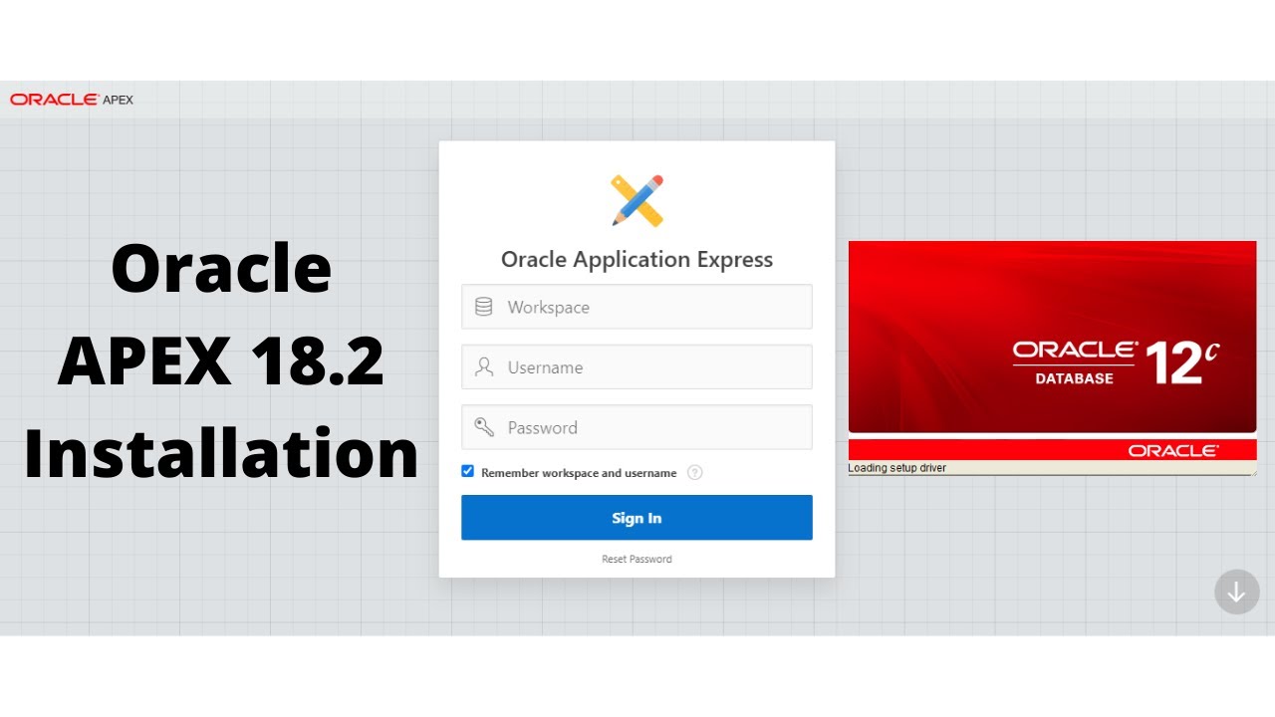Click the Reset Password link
coord(637,559)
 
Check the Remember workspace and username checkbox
coord(467,472)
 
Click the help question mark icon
coord(695,473)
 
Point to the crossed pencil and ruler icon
coord(637,199)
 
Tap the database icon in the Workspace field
coord(484,307)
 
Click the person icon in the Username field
coord(484,367)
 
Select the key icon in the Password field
coord(484,427)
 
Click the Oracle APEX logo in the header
coord(72,100)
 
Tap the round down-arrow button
coord(1236,592)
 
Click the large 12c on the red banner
coord(1181,362)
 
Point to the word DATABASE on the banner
coord(1074,378)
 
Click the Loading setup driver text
coord(897,468)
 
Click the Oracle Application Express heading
coord(637,260)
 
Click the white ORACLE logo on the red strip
coord(1172,451)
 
